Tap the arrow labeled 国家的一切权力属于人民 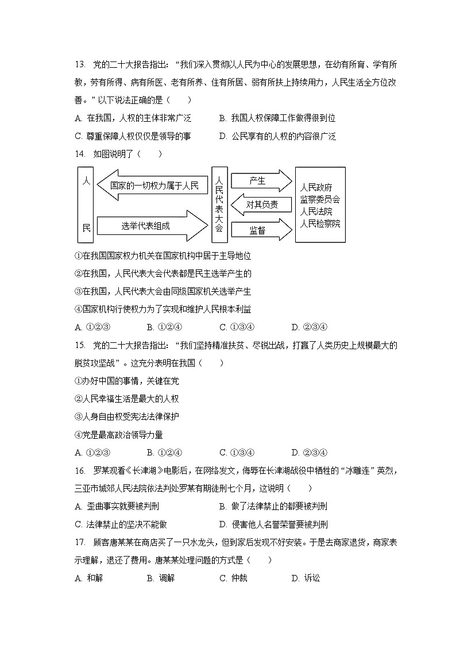(152, 185)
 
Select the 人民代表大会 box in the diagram (219, 204)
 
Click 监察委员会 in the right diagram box (320, 199)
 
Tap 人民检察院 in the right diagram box (320, 223)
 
